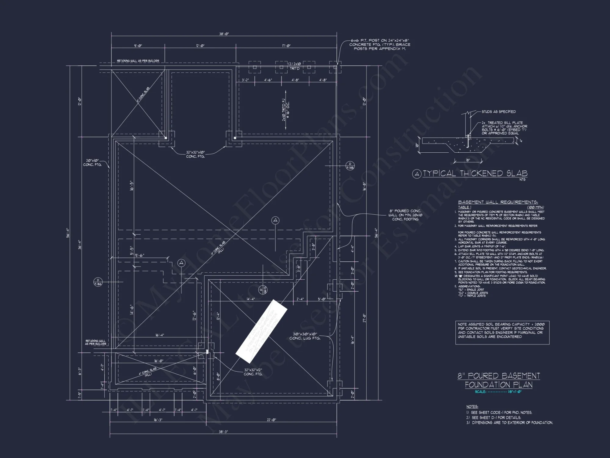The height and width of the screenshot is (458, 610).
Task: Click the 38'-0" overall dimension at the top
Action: (224, 34)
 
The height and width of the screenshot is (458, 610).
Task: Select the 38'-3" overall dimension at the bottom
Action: (223, 432)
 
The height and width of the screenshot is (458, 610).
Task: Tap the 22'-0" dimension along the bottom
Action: (271, 420)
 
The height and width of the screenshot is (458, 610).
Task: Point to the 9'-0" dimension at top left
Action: (138, 46)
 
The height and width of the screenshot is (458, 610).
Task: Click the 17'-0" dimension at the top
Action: (286, 46)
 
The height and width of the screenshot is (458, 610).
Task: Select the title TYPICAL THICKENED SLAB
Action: (475, 174)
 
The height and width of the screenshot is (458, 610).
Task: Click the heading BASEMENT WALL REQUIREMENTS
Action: (498, 202)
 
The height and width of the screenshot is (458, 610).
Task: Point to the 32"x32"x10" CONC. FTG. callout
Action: (196, 154)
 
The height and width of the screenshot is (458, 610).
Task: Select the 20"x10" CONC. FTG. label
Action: (92, 162)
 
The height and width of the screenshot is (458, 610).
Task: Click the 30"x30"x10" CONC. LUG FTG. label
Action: (305, 336)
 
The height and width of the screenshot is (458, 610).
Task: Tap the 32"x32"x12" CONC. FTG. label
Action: (253, 372)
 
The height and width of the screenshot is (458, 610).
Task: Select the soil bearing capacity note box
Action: (502, 333)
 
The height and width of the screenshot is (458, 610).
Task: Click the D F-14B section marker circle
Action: (350, 166)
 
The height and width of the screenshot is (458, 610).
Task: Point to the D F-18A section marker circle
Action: (98, 282)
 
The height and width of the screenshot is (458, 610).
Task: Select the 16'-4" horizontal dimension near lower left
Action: (160, 335)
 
